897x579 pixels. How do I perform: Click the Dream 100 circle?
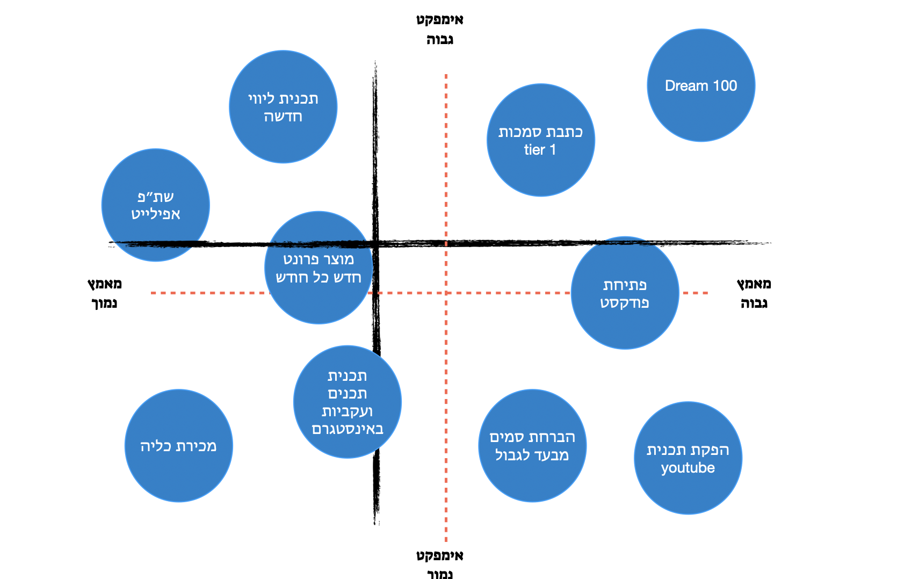701,85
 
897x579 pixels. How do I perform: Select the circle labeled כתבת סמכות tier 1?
540,140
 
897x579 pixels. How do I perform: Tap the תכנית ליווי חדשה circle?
283,107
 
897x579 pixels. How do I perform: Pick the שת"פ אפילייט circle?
156,205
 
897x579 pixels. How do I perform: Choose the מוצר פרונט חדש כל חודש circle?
319,267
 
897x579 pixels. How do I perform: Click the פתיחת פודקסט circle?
625,293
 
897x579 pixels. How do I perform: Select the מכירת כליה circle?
178,446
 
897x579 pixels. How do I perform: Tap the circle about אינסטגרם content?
348,402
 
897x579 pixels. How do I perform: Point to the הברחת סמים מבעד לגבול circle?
532,446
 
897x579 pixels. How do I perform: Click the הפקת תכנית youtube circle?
688,458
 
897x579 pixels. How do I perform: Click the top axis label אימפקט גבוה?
440,30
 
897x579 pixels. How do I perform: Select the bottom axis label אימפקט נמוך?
440,564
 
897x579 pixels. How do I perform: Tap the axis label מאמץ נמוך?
104,293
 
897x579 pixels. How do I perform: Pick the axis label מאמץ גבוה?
754,293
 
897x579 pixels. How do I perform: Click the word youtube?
688,468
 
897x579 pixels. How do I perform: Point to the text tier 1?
540,150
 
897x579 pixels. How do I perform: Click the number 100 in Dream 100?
725,85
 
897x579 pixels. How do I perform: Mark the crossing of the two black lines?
375,243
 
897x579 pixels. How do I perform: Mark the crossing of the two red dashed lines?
446,293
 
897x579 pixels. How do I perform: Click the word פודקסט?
625,302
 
